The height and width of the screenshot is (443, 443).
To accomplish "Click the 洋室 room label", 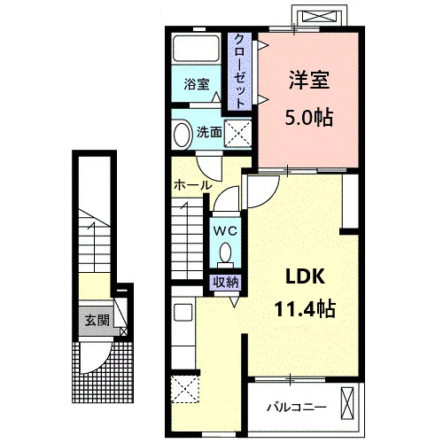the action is coord(309,80).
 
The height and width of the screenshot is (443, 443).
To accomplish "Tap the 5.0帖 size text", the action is coord(309,118).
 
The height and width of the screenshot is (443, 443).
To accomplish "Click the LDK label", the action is coord(305,276).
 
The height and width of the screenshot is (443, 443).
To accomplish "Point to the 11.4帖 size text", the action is coord(305,309).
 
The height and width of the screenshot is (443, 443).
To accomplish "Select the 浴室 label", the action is coord(197,84).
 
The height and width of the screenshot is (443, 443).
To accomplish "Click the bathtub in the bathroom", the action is coord(196,49).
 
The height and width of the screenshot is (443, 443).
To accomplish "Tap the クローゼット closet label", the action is coord(239,71).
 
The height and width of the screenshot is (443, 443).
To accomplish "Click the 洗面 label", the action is coord(209,132).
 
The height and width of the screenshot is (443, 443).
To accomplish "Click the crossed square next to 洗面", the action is coord(237,134).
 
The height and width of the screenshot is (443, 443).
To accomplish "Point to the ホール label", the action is coord(193,185).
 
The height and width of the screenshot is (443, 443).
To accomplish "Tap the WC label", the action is coord(225,231).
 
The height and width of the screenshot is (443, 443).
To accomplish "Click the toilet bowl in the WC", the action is coord(226,253).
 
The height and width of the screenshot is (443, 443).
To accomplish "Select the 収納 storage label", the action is coord(226,283).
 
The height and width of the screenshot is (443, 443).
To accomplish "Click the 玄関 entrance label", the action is coord(97,321).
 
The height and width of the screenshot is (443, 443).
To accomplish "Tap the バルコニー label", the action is coord(297,408).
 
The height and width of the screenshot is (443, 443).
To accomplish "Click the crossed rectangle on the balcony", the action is coord(347,403).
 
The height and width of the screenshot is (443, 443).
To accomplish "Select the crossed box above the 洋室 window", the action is coord(320,17).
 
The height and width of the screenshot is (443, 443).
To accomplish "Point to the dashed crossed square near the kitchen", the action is coord(185,389).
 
